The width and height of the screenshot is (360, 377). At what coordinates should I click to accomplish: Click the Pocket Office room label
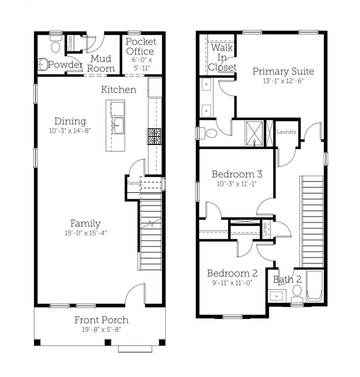coord(141,47)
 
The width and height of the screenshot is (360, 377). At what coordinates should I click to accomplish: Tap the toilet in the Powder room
coord(56,44)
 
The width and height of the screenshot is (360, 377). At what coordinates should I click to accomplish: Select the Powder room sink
coord(43,64)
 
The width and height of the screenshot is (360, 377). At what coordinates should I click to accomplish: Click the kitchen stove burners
coord(154,136)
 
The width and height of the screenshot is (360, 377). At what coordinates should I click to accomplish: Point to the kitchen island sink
coord(118,126)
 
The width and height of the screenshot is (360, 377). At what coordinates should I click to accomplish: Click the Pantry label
coord(133,183)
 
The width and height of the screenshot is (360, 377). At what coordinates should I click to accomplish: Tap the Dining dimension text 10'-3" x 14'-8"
coord(70,131)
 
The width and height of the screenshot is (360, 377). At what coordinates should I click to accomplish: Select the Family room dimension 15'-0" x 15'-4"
coord(85,233)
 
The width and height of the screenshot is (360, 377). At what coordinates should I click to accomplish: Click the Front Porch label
coord(102,320)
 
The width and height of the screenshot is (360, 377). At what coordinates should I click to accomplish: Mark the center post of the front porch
coord(108,342)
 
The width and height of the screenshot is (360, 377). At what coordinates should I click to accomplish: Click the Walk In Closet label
coord(222,57)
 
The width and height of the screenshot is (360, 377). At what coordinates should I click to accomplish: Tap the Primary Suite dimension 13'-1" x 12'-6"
coord(283,81)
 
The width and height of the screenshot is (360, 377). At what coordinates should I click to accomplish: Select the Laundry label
coord(286,132)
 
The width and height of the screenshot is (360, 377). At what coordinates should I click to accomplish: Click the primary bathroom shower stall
coord(255,133)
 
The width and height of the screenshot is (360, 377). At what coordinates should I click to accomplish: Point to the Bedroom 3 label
coord(237,174)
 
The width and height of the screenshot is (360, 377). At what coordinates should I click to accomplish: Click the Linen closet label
coord(265,229)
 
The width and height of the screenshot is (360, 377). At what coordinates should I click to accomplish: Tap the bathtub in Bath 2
coord(314,286)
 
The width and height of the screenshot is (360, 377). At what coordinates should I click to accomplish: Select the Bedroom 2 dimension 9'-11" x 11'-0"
coord(232,283)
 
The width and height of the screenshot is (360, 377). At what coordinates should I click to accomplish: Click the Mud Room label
coord(101,64)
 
